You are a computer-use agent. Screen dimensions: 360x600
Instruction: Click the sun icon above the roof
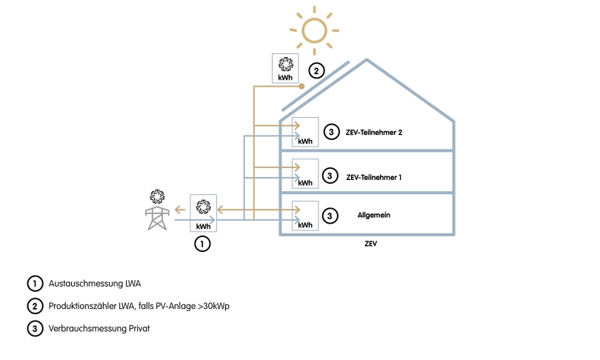click(x=314, y=30)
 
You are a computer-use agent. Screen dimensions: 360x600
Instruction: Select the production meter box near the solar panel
click(x=285, y=69)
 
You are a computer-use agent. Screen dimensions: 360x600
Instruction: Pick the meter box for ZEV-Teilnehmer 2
click(x=305, y=131)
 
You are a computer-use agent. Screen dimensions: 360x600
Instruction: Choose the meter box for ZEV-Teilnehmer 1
click(x=305, y=173)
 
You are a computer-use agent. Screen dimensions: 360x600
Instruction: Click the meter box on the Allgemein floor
click(x=305, y=216)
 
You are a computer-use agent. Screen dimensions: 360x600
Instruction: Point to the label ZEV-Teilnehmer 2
click(x=373, y=133)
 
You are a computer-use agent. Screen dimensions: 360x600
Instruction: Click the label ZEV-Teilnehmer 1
click(x=373, y=177)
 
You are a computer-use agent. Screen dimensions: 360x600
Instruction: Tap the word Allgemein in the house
click(x=373, y=215)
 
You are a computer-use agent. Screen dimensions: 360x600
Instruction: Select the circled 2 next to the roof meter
click(x=316, y=71)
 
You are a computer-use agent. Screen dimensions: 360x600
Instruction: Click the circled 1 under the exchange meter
click(x=202, y=243)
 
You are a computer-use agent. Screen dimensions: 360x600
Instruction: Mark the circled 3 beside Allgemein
click(x=331, y=216)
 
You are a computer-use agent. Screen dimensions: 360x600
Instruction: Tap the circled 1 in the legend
click(x=34, y=283)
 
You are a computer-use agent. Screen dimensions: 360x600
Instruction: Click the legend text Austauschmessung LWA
click(x=94, y=283)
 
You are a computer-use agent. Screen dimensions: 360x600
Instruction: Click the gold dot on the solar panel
click(x=301, y=87)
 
